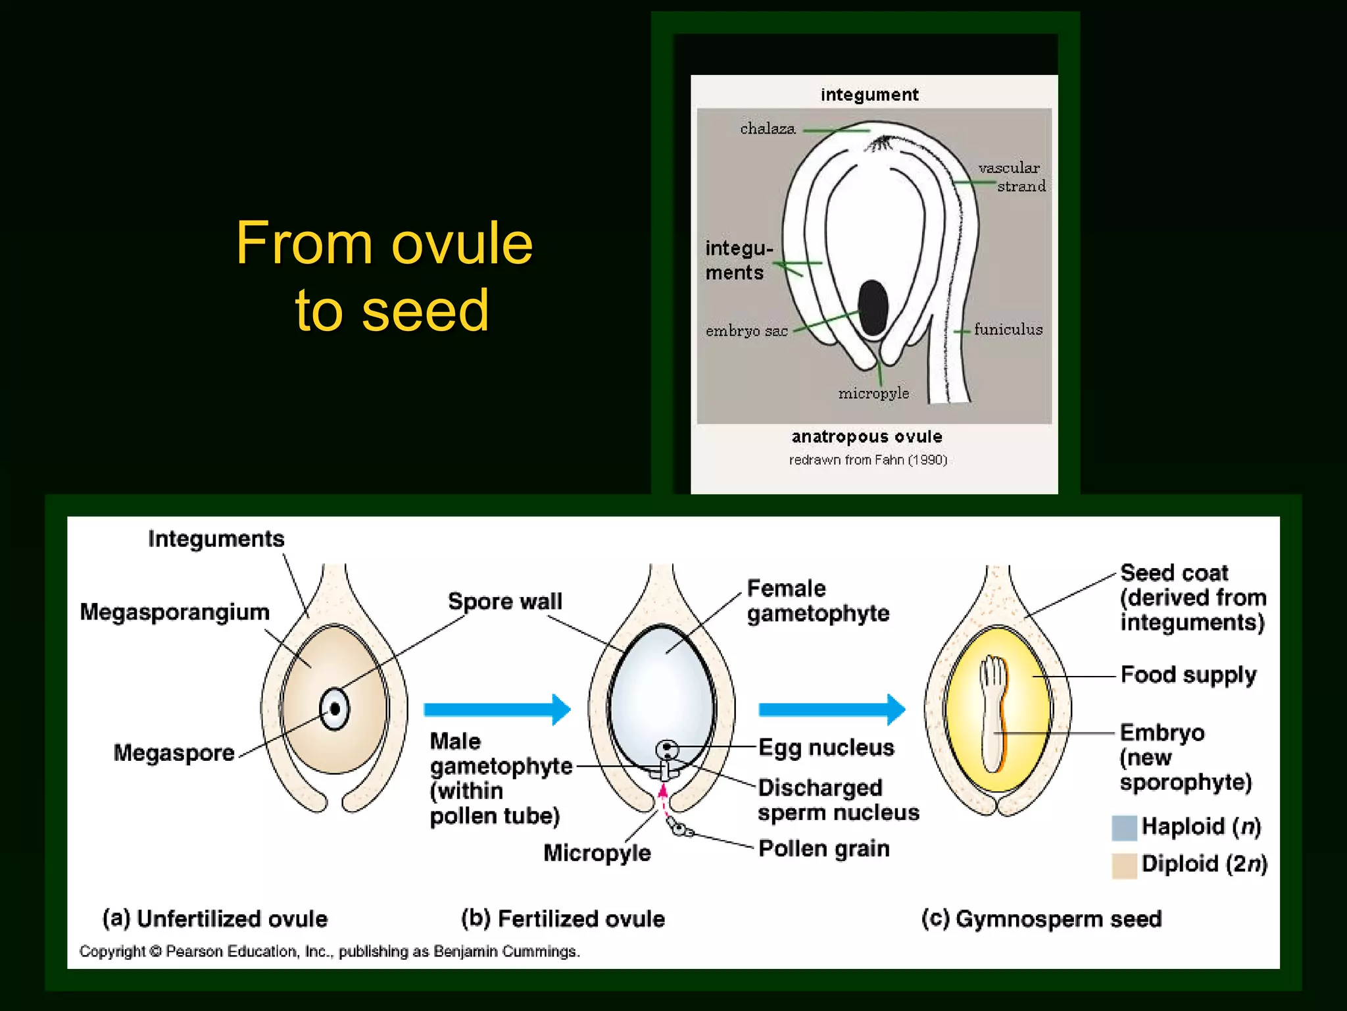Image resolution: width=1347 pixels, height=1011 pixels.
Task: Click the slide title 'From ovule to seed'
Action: pyautogui.click(x=385, y=276)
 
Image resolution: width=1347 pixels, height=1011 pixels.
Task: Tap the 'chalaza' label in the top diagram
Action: pyautogui.click(x=768, y=128)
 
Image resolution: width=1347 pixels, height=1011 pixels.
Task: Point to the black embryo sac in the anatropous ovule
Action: pyautogui.click(x=873, y=307)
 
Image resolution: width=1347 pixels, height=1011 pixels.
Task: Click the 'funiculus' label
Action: pyautogui.click(x=1008, y=329)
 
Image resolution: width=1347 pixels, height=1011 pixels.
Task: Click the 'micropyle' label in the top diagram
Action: pyautogui.click(x=873, y=393)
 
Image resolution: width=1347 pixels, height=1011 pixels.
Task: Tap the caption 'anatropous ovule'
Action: pyautogui.click(x=867, y=436)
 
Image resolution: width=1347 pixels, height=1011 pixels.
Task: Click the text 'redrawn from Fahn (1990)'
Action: pyautogui.click(x=868, y=459)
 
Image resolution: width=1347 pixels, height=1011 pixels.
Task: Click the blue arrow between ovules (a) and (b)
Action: pyautogui.click(x=497, y=710)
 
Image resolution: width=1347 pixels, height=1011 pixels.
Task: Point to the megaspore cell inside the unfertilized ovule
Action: pyautogui.click(x=335, y=709)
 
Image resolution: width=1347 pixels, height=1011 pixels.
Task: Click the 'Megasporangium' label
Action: pyautogui.click(x=175, y=612)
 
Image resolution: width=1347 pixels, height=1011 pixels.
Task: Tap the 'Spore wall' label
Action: pyautogui.click(x=505, y=601)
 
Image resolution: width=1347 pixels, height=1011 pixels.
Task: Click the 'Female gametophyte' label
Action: pyautogui.click(x=818, y=600)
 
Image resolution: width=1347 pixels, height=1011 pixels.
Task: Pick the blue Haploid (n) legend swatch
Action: pyautogui.click(x=1124, y=827)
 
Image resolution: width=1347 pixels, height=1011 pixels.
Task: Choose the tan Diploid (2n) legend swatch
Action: pyautogui.click(x=1124, y=865)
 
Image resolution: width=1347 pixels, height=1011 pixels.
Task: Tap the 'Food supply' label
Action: pyautogui.click(x=1188, y=675)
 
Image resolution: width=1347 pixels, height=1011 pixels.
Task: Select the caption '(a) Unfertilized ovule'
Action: pyautogui.click(x=215, y=918)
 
